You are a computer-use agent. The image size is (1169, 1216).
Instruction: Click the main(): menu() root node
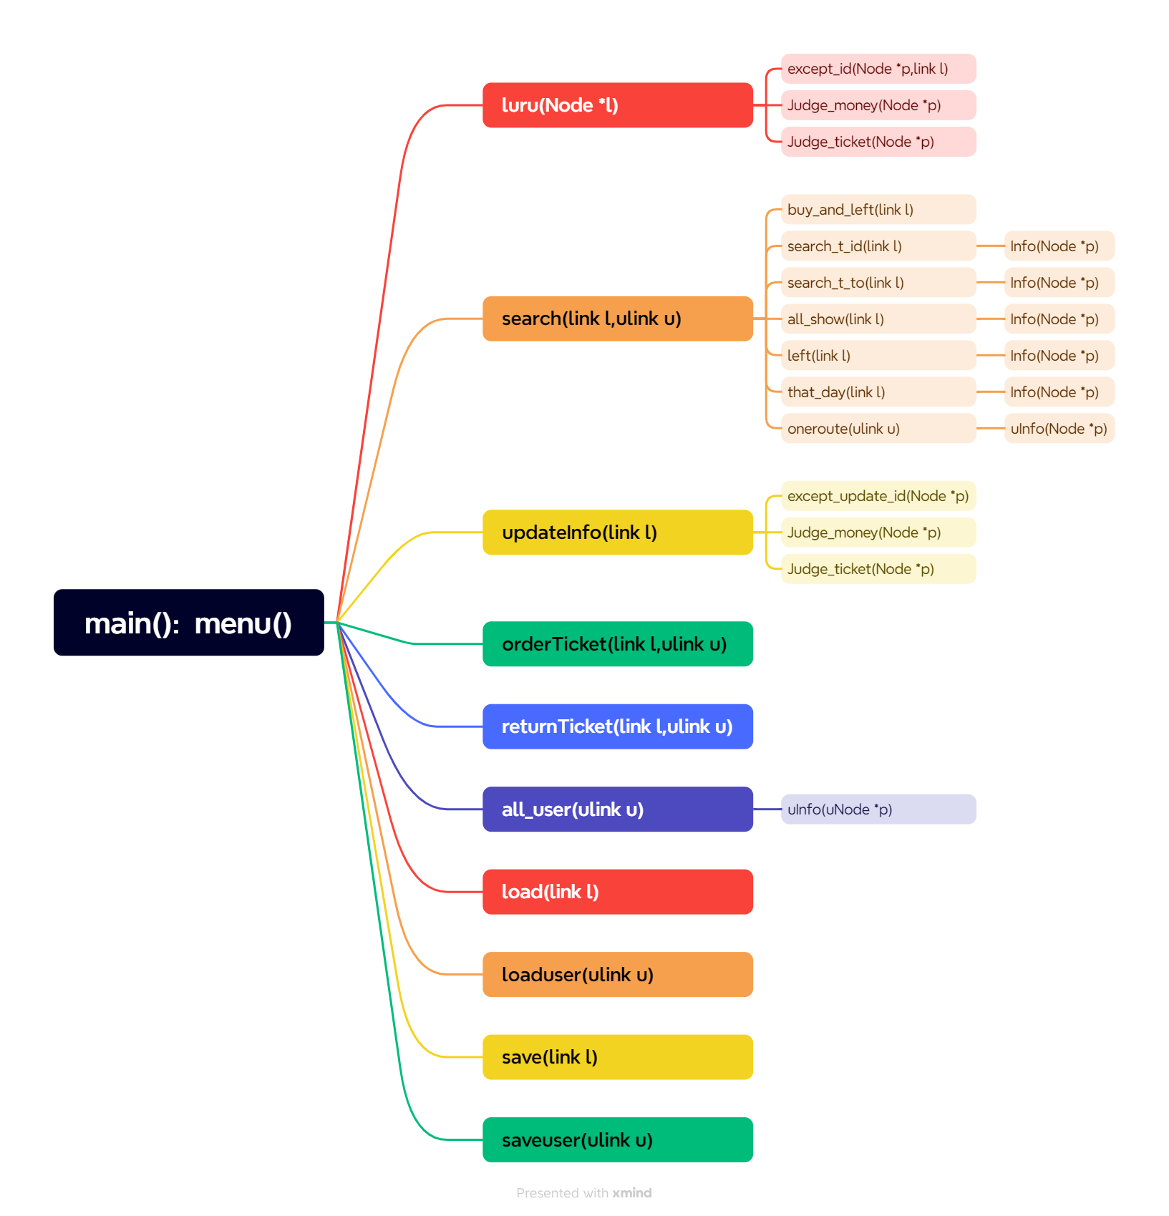point(188,623)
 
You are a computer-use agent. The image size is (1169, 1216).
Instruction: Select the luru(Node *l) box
point(617,105)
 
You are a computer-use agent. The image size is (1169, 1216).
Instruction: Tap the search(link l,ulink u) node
point(617,318)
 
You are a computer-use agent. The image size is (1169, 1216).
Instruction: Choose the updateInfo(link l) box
point(617,532)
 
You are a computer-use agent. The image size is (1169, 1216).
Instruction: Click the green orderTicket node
point(617,644)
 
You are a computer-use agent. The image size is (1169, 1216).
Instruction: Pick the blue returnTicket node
point(617,726)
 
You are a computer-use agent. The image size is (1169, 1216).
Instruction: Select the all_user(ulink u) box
point(617,809)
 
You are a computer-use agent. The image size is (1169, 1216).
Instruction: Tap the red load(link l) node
point(617,892)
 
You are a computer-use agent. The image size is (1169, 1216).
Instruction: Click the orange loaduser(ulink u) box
point(617,975)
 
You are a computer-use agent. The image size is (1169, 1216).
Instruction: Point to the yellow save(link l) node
point(617,1057)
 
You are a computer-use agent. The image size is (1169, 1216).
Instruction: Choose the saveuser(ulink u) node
point(617,1140)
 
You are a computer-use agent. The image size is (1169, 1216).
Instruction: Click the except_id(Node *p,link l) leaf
point(878,69)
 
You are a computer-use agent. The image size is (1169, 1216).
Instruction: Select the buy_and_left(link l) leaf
point(878,210)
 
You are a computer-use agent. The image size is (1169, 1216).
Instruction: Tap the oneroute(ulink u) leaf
point(878,429)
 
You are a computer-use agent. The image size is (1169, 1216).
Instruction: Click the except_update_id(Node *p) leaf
point(878,496)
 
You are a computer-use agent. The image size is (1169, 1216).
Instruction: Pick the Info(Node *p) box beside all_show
point(1059,319)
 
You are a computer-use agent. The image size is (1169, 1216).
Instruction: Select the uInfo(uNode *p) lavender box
point(878,809)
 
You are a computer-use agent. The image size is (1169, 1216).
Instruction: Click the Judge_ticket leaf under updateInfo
point(878,569)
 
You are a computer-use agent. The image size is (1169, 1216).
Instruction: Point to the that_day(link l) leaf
point(878,392)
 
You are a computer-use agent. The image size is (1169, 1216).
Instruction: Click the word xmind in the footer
point(631,1193)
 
